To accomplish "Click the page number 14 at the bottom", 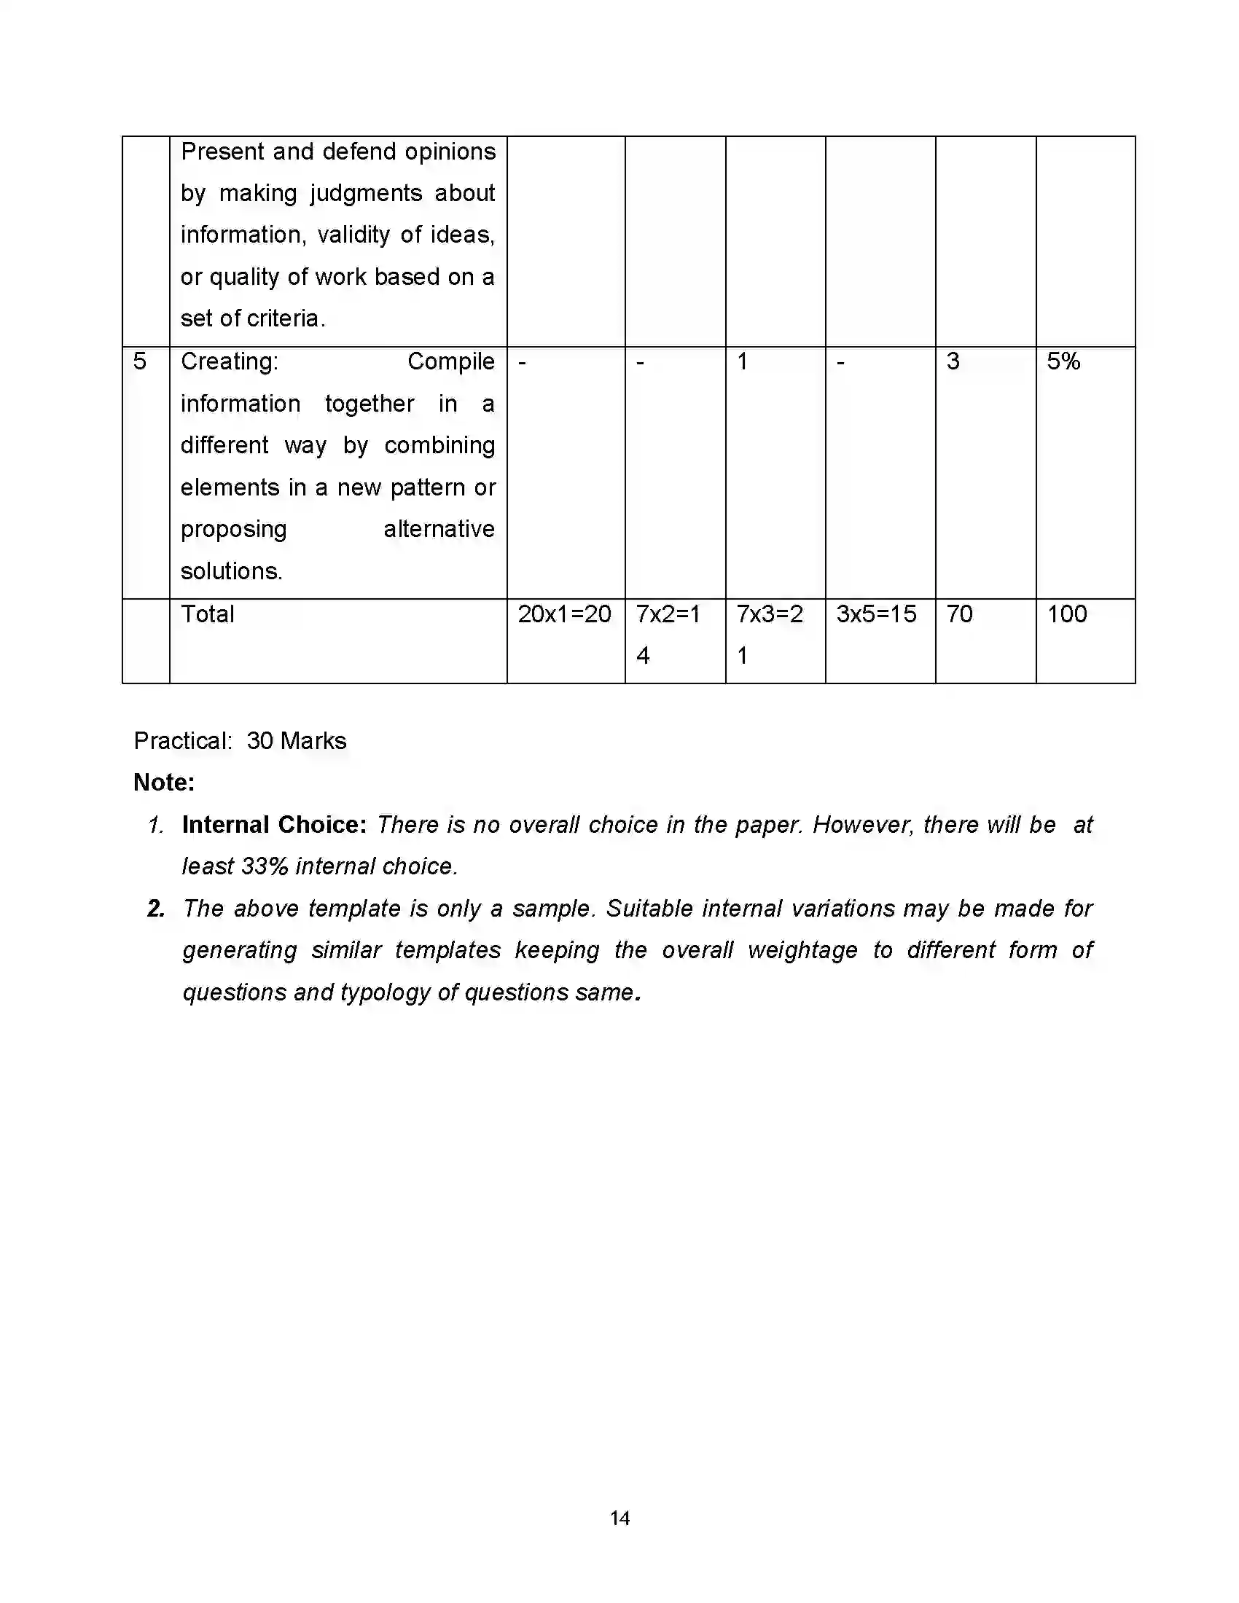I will point(619,1518).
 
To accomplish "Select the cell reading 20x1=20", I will point(563,614).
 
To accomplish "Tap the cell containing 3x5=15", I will point(875,614).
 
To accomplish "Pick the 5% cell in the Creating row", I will point(1063,361).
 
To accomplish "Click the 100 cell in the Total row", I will point(1066,614).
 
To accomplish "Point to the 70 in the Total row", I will point(958,614).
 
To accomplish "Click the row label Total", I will point(208,614).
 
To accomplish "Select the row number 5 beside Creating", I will point(139,361).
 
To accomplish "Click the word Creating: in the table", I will point(229,361).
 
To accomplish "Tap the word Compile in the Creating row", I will point(450,361).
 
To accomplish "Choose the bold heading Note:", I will point(164,783).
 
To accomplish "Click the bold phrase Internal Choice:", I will point(274,825).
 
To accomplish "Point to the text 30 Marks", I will point(296,740).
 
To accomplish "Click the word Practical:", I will point(183,740).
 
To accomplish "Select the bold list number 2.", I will point(156,909).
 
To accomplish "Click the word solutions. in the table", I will point(231,571).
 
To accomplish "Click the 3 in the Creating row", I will point(953,361).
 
